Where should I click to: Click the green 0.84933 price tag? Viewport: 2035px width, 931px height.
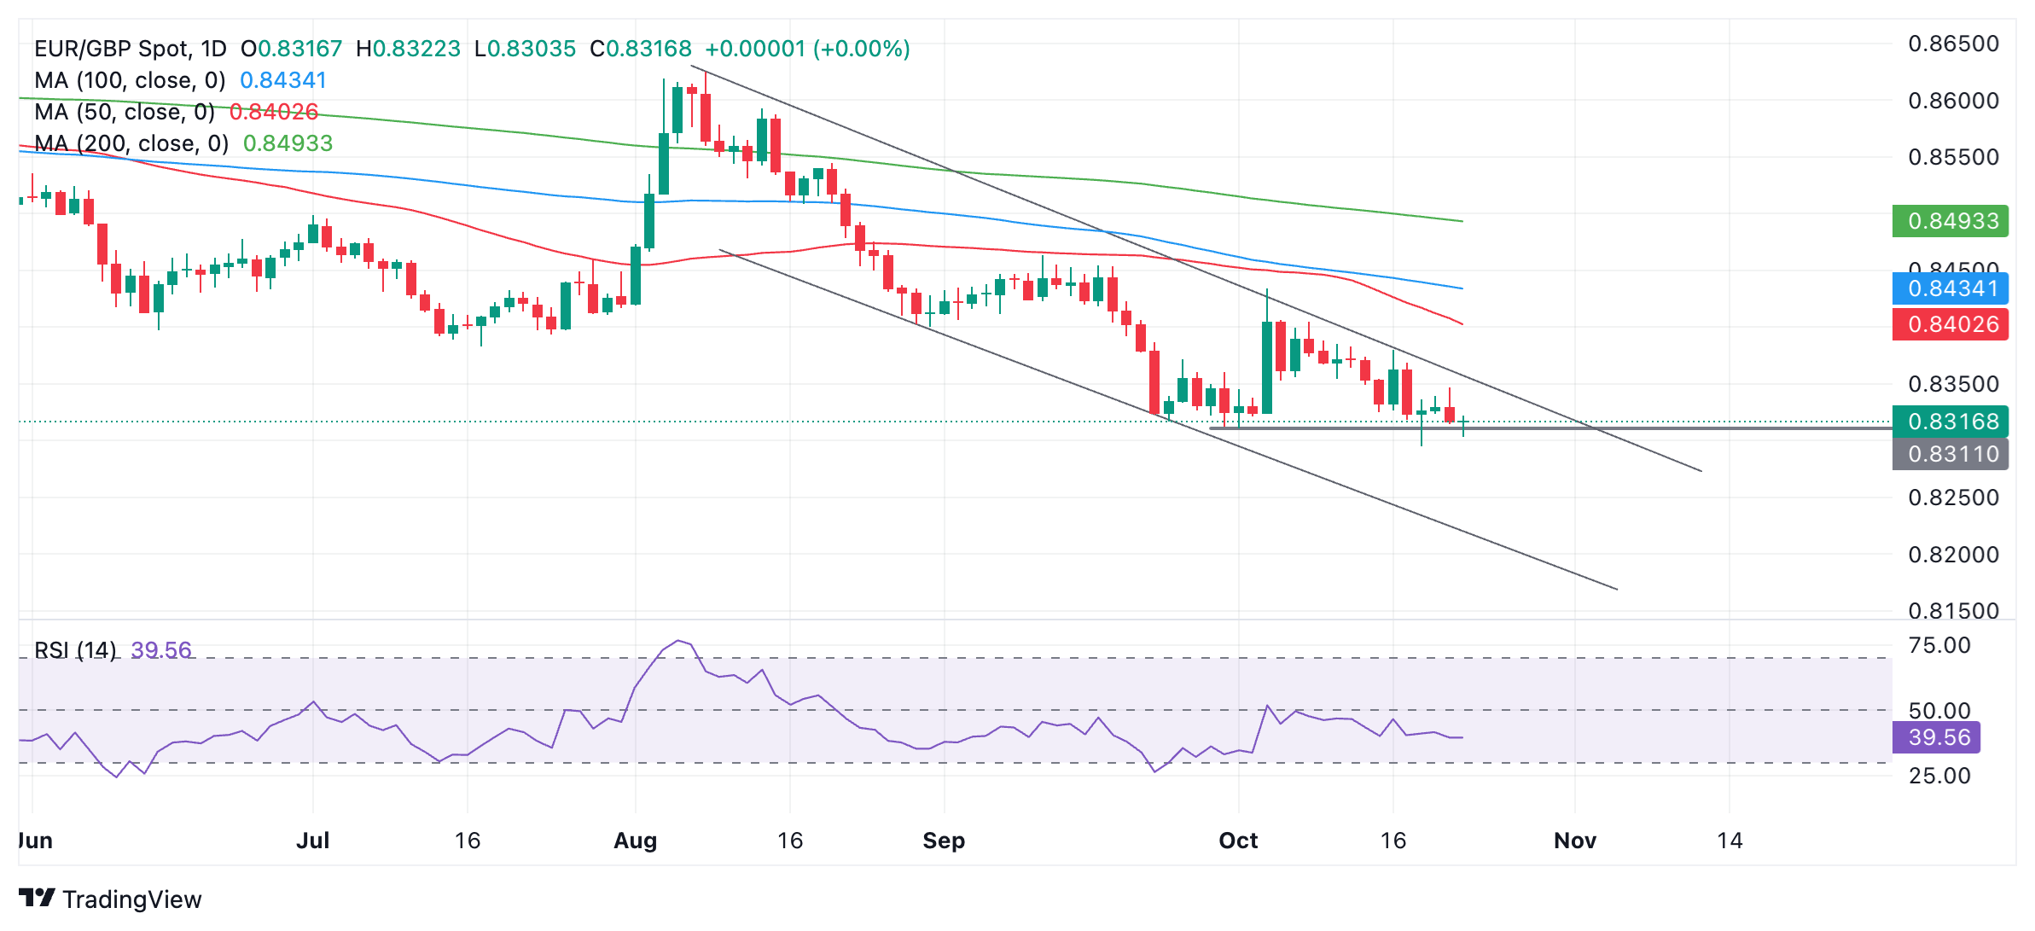[x=1950, y=221]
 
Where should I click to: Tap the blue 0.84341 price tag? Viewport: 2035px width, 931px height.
[x=1950, y=288]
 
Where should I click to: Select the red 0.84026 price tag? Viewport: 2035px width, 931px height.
[x=1950, y=324]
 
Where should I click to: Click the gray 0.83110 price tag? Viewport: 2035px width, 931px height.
[x=1950, y=454]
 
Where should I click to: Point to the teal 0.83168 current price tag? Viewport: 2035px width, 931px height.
[x=1950, y=422]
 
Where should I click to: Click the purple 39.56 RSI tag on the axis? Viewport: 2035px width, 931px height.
[x=1936, y=737]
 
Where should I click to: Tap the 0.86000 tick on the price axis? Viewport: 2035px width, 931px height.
[x=1953, y=101]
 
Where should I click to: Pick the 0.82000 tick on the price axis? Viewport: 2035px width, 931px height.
[x=1953, y=555]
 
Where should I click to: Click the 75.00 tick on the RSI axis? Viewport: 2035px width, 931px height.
[x=1939, y=645]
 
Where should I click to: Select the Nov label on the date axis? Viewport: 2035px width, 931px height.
[x=1574, y=841]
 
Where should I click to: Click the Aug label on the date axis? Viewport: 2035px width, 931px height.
[x=636, y=841]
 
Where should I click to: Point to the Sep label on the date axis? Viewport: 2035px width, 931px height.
[x=944, y=841]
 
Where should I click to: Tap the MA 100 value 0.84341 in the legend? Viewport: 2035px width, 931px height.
[x=283, y=80]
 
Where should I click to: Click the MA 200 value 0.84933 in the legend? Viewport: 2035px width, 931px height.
[x=288, y=143]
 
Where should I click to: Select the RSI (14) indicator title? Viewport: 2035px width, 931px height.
[x=75, y=650]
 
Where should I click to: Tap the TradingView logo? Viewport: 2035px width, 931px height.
[x=110, y=899]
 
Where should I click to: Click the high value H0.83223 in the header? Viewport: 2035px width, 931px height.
[x=408, y=49]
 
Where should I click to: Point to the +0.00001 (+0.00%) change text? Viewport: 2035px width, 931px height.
[x=807, y=49]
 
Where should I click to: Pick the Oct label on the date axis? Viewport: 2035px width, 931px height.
[x=1238, y=841]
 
